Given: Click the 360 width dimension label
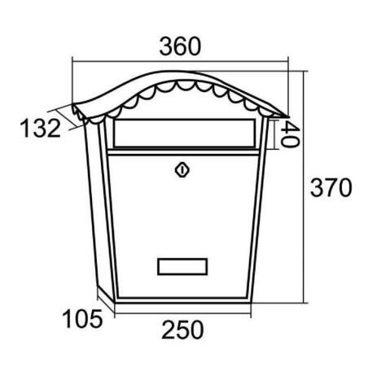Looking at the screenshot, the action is (180, 46).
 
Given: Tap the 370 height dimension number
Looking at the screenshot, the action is (331, 187).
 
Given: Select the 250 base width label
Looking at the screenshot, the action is (182, 330).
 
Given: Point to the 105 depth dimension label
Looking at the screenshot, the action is (82, 319).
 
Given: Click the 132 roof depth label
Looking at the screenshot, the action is (41, 128).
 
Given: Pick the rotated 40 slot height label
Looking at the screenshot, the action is (290, 134).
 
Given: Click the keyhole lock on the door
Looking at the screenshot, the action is (182, 170).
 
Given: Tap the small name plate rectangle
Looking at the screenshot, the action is (182, 266).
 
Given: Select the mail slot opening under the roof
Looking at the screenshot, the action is (185, 133).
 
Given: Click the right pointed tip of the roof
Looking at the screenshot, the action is (289, 117).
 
